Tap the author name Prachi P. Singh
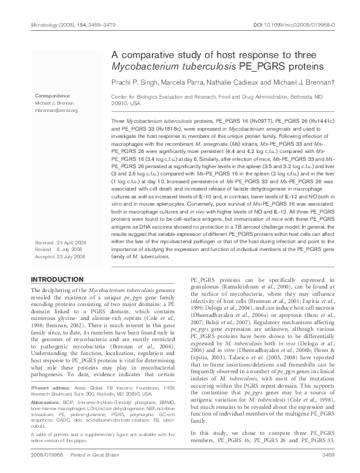(x=134, y=81)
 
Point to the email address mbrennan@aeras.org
(x=56, y=111)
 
